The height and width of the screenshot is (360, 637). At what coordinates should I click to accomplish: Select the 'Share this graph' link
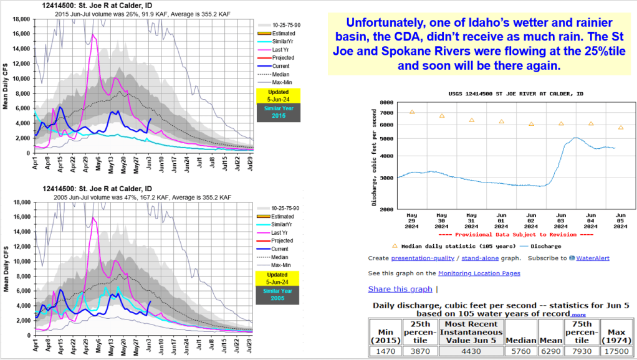400,289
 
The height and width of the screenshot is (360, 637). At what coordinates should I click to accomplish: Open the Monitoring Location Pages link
479,273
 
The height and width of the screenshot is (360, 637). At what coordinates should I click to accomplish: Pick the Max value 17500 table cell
615,351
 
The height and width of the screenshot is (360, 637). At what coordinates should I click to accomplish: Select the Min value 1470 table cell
385,351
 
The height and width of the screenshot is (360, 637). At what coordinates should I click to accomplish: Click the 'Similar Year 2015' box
279,113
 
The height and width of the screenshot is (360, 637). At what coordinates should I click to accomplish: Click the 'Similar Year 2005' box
279,295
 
